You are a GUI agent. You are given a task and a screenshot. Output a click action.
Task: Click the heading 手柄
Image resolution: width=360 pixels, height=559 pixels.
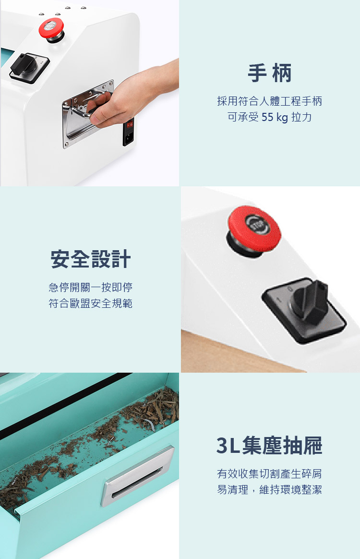(269, 73)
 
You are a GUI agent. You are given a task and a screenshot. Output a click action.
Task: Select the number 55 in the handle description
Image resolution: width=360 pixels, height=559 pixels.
(267, 117)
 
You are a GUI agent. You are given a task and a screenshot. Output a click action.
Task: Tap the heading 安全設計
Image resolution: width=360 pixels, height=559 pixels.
(91, 259)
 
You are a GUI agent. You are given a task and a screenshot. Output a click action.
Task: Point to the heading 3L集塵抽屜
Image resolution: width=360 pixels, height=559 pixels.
(269, 445)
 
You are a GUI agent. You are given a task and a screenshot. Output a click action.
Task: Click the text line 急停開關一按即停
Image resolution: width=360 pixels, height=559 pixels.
(91, 287)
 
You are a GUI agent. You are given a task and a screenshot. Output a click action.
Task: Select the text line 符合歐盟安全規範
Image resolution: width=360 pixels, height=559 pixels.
(91, 304)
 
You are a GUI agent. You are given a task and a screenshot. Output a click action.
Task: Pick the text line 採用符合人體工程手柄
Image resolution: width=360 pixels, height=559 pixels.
(269, 101)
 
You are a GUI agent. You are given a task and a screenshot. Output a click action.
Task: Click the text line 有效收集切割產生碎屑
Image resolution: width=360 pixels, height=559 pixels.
(269, 474)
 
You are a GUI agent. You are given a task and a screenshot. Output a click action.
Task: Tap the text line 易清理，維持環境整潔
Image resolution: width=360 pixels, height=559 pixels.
(269, 489)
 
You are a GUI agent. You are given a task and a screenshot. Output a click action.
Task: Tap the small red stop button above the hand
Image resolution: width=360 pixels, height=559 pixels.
(51, 28)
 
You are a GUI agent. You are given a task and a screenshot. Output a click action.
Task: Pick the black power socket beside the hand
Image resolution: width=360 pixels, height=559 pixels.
(128, 132)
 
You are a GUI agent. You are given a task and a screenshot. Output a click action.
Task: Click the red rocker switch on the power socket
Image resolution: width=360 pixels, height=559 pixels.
(130, 124)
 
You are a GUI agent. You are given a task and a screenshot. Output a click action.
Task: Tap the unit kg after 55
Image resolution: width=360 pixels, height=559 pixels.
(282, 117)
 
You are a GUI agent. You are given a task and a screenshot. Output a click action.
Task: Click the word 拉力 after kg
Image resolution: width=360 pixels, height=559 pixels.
(301, 117)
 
